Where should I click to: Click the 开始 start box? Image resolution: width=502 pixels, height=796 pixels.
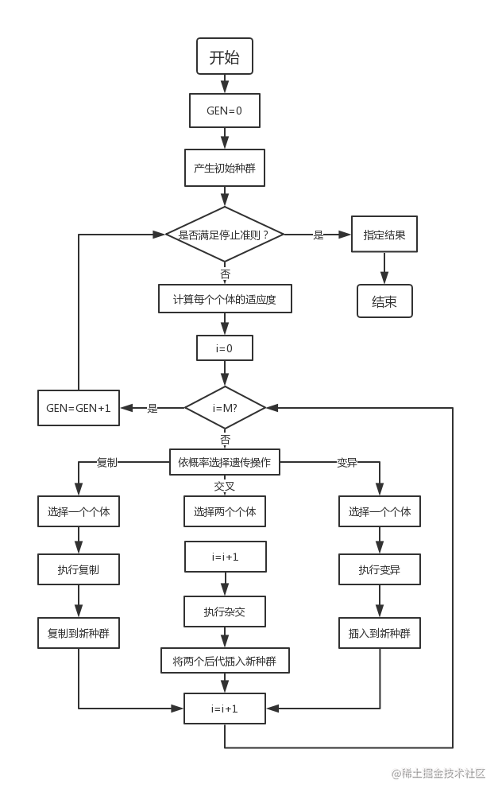point(225,57)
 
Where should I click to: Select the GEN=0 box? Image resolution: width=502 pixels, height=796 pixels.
point(225,111)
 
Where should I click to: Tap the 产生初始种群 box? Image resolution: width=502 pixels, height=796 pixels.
point(225,169)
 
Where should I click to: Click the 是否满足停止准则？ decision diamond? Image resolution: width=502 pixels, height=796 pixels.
point(225,235)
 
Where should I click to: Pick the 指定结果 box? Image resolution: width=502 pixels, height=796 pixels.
point(384,235)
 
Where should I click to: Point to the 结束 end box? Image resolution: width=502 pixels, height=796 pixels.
point(384,301)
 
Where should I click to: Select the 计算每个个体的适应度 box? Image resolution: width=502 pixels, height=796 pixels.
point(225,301)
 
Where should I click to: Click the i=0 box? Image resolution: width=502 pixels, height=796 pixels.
point(225,348)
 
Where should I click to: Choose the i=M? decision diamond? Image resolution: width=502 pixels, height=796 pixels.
point(225,407)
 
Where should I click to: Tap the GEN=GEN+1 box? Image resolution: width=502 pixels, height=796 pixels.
point(78,408)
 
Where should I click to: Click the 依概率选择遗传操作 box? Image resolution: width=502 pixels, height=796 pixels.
point(225,462)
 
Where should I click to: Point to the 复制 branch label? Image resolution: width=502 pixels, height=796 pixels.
point(106,462)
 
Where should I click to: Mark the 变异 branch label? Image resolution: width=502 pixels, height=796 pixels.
point(346,462)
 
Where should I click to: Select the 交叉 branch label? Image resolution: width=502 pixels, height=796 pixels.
point(225,485)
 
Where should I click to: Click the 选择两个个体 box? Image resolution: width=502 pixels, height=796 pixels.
point(225,512)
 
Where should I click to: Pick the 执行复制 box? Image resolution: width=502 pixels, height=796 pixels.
point(78,569)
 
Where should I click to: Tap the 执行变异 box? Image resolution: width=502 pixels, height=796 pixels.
point(379,569)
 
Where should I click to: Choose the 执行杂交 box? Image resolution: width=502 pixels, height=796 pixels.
point(225,612)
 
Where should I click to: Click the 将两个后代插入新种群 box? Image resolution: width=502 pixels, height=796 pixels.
point(225,660)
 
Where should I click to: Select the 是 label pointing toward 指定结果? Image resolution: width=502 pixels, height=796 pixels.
point(318,235)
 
